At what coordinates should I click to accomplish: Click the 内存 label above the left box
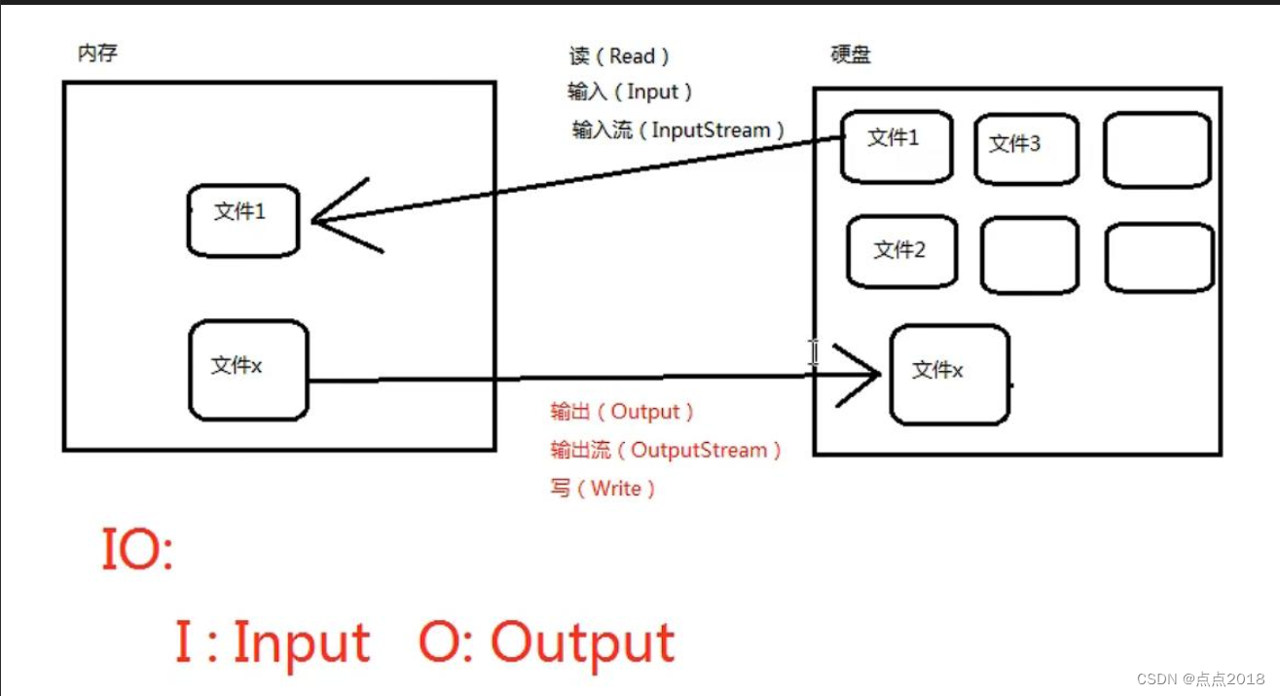[x=97, y=54]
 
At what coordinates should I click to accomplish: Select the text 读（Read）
[x=619, y=56]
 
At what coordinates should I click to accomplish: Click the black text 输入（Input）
[x=630, y=92]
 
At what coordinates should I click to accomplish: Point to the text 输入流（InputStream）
[x=678, y=129]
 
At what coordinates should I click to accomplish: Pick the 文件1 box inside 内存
[x=242, y=221]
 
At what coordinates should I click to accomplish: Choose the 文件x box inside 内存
[x=248, y=371]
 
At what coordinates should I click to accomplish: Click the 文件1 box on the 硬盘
[x=896, y=146]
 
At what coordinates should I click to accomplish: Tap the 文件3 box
[x=1026, y=148]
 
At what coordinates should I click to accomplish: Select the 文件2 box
[x=901, y=252]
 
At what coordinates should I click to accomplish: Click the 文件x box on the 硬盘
[x=949, y=375]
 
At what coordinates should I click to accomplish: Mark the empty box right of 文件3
[x=1156, y=149]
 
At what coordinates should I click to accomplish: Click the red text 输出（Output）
[x=622, y=412]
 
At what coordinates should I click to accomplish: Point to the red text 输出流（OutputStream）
[x=666, y=450]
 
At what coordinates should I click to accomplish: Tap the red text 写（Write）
[x=603, y=489]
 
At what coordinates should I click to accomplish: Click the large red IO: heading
[x=136, y=551]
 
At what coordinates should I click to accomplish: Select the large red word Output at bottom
[x=582, y=642]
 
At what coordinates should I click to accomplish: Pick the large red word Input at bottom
[x=302, y=642]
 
